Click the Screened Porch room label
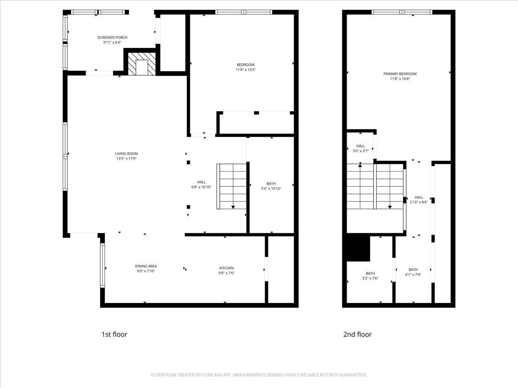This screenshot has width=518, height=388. pyautogui.click(x=112, y=38)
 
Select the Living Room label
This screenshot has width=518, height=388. pyautogui.click(x=126, y=153)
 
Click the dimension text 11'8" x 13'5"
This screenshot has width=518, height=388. pyautogui.click(x=245, y=70)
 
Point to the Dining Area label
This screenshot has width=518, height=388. pyautogui.click(x=146, y=266)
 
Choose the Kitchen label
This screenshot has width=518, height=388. pyautogui.click(x=227, y=268)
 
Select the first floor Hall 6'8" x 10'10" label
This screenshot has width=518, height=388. pyautogui.click(x=202, y=182)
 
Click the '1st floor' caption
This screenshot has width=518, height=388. pyautogui.click(x=114, y=334)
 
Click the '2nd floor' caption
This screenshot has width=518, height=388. pyautogui.click(x=358, y=334)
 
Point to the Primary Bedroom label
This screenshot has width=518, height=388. pyautogui.click(x=400, y=74)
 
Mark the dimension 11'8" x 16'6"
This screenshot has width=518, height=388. pyautogui.click(x=400, y=79)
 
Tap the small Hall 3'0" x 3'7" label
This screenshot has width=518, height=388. pyautogui.click(x=360, y=146)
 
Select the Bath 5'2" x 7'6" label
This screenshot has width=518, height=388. pyautogui.click(x=370, y=273)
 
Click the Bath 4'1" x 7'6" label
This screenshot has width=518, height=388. pyautogui.click(x=413, y=270)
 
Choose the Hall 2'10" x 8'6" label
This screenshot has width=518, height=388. pyautogui.click(x=419, y=197)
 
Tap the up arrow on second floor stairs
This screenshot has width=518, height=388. pyautogui.click(x=360, y=166)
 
